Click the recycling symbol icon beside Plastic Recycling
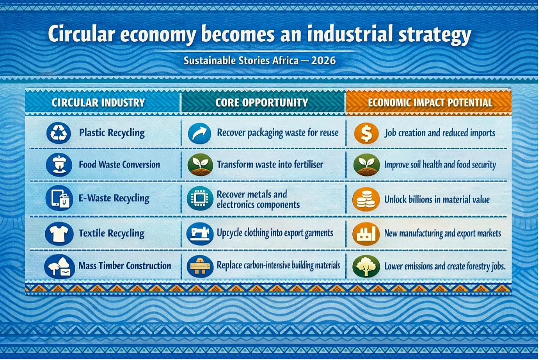coord(59,133)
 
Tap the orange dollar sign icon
coord(366,133)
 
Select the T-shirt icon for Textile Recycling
coord(59,233)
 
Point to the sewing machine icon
coord(200,233)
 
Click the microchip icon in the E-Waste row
coord(200,199)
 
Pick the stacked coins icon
coord(366,199)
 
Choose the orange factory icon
coord(366,234)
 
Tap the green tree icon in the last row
coord(366,266)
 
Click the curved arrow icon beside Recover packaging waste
coord(199,134)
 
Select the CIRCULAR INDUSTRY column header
coord(98,103)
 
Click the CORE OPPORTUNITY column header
coord(261,103)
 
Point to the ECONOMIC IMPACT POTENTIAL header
coord(430,103)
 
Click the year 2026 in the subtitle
coord(323,60)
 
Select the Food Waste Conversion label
coord(119,164)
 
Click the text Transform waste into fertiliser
coord(270,164)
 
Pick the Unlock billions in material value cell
coord(437,200)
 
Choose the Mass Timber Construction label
coord(125,266)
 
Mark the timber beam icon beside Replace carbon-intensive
coord(200,266)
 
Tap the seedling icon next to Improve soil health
coord(366,165)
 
